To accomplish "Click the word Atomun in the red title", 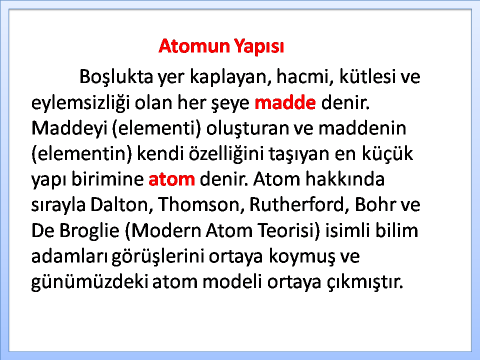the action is coord(194,46).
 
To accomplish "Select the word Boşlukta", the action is coord(116,76).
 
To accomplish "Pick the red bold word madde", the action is coord(285,102).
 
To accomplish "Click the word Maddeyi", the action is coord(69,128).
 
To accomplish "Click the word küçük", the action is coord(387,153).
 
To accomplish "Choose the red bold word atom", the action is coord(171,179).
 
